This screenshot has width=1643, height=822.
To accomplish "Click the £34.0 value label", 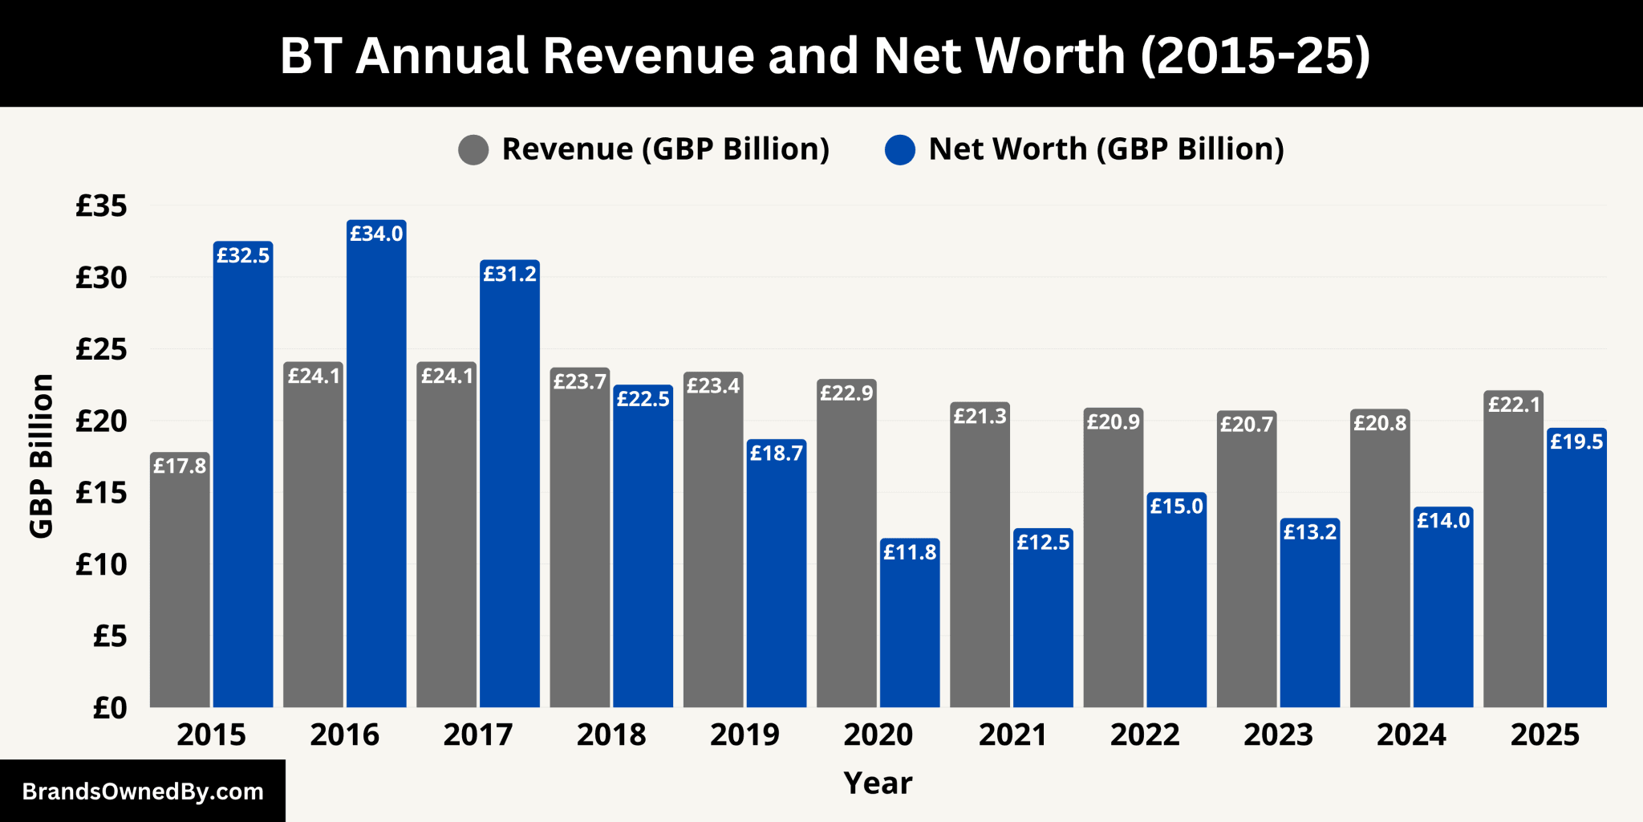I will pyautogui.click(x=376, y=234).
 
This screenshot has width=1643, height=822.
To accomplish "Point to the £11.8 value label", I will pyautogui.click(x=910, y=552).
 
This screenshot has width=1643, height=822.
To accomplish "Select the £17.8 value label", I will pyautogui.click(x=180, y=466).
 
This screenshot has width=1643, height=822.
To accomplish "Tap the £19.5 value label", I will pyautogui.click(x=1576, y=442).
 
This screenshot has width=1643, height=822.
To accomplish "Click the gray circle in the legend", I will pyautogui.click(x=473, y=150).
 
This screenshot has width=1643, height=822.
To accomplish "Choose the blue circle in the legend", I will pyautogui.click(x=900, y=150).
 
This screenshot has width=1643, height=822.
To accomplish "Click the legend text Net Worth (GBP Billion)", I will pyautogui.click(x=1106, y=149).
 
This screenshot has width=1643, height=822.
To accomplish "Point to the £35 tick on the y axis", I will pyautogui.click(x=101, y=206).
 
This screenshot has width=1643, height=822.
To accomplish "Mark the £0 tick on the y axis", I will pyautogui.click(x=110, y=708).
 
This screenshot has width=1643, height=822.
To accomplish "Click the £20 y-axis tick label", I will pyautogui.click(x=101, y=421).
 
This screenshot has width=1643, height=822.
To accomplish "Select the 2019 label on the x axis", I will pyautogui.click(x=744, y=735).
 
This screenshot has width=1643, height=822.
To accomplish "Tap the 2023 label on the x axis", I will pyautogui.click(x=1278, y=735).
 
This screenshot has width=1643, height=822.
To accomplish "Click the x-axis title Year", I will pyautogui.click(x=878, y=783).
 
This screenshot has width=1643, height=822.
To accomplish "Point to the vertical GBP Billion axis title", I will pyautogui.click(x=41, y=455).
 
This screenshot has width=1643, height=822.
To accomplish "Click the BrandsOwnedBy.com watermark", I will pyautogui.click(x=143, y=791).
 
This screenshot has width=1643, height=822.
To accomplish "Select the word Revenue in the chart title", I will pyautogui.click(x=648, y=55).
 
